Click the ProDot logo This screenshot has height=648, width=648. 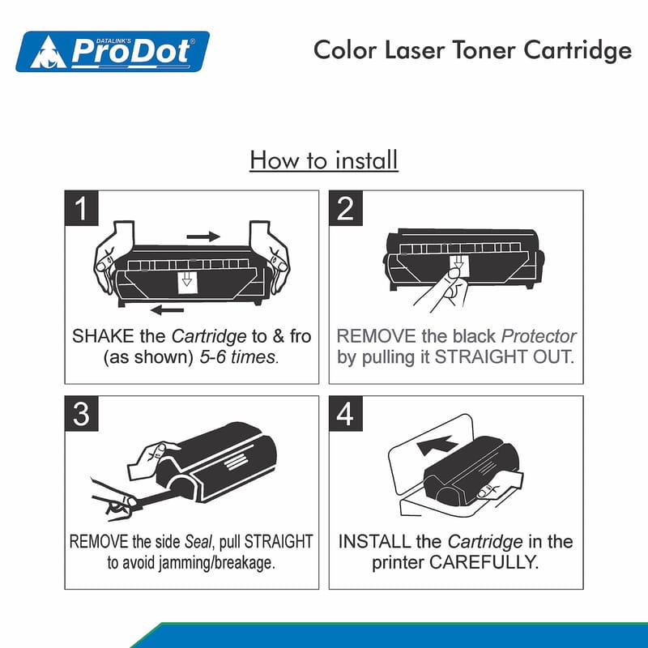pos(113,51)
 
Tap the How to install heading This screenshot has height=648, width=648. pos(324,160)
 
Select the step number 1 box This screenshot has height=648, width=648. pos(82,208)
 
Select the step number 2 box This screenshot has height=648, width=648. pos(346,208)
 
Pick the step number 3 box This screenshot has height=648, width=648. pos(82,414)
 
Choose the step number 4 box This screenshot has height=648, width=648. pos(346,414)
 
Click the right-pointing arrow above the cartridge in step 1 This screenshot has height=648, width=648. pos(203,237)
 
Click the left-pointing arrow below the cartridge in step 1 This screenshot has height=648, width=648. pos(168,309)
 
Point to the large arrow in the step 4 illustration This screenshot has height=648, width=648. pos(437,446)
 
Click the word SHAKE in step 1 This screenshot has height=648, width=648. pos(103,336)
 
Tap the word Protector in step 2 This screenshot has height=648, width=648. pos(539,336)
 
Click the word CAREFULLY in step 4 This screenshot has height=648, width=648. pos(484,562)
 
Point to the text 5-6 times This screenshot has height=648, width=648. pos(239,357)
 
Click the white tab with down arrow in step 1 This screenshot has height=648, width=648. pos(187,282)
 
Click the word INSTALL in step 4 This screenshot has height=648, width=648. pos(374,542)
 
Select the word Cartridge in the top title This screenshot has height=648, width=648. pos(578,51)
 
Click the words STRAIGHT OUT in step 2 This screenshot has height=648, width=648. pos(505,357)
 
